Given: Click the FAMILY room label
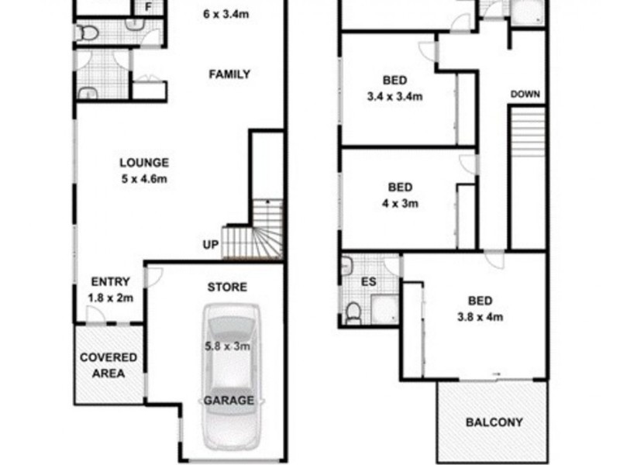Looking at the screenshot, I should (229, 75).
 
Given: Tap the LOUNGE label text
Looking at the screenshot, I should (144, 163).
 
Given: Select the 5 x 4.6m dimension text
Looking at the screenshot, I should (144, 179).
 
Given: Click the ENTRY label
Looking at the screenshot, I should (110, 282).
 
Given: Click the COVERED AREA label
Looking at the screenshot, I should (109, 365).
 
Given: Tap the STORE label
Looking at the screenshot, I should (227, 288).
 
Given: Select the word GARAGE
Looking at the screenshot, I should (228, 401).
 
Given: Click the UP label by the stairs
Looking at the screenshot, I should (210, 245).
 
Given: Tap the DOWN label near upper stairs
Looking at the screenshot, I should (525, 95).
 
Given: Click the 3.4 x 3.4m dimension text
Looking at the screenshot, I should (394, 97).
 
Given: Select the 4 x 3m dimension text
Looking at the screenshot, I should (400, 204).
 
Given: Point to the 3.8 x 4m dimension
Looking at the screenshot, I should (478, 317).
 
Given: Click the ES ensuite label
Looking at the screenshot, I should (369, 282).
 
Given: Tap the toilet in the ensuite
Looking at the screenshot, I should (353, 312).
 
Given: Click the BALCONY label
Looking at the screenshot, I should (494, 423).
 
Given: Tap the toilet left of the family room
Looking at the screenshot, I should (87, 33).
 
